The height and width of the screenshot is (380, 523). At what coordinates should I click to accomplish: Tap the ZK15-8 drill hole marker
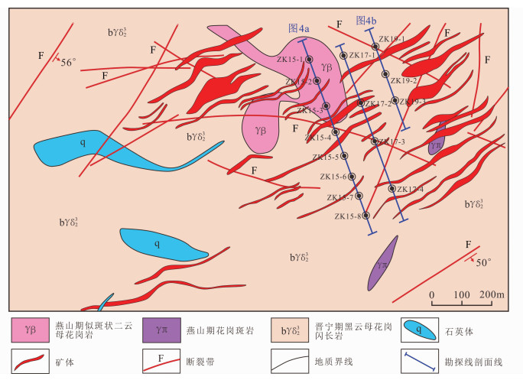point(366,216)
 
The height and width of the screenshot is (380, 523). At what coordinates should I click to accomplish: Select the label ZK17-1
point(365,55)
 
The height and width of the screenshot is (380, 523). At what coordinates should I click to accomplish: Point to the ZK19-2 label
point(403,80)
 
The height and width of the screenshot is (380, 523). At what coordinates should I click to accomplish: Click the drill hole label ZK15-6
point(334,177)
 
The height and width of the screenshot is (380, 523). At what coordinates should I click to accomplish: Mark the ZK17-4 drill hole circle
point(392,189)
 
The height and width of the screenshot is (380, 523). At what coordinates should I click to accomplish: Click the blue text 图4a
point(299,28)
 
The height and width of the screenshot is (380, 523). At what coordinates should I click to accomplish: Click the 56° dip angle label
point(70,63)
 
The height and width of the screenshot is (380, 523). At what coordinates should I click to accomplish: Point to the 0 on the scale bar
point(432,294)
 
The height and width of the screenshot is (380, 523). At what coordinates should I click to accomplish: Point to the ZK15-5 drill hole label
point(326,157)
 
